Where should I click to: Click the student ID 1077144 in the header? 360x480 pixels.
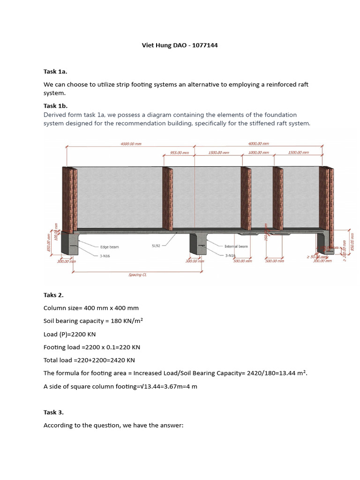(x=204, y=45)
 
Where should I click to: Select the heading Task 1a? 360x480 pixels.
(x=55, y=71)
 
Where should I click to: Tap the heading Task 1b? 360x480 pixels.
(x=55, y=105)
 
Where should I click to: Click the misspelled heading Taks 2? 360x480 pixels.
(x=53, y=295)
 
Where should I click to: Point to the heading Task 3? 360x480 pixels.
(x=53, y=412)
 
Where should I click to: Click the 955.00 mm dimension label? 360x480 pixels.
(x=179, y=153)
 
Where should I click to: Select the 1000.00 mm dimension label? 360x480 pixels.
(x=258, y=153)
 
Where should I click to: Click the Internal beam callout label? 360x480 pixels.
(x=236, y=246)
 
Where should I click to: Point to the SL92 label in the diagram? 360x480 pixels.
(x=157, y=245)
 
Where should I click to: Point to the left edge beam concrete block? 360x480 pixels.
(x=69, y=243)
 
